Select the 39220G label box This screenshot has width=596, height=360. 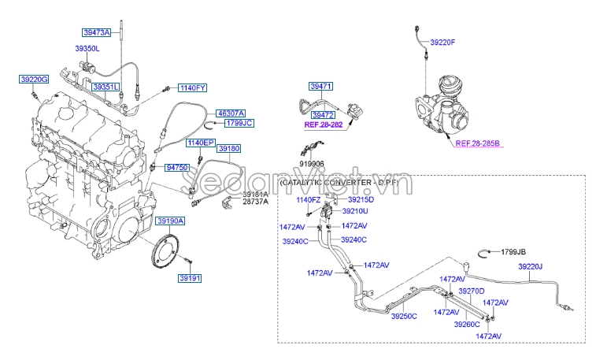(35, 80)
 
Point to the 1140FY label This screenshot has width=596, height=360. (192, 87)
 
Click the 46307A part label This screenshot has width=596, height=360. (231, 113)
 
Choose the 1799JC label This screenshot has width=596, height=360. (238, 124)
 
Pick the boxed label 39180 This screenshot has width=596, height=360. (229, 148)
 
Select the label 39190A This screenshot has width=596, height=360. (169, 221)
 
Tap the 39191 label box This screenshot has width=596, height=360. (190, 278)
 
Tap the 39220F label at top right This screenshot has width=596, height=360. (443, 41)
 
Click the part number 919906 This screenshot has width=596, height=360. (310, 164)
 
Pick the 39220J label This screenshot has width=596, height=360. (530, 267)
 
